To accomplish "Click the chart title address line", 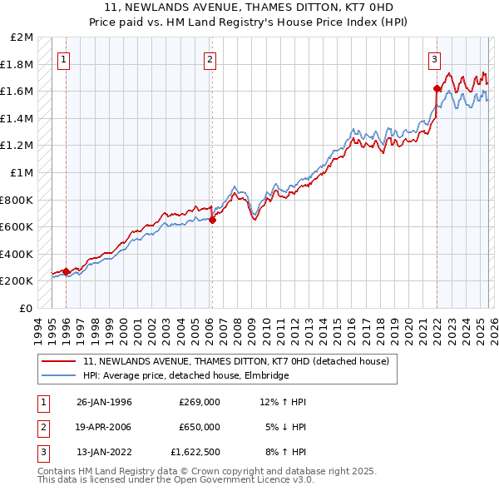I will pyautogui.click(x=249, y=7).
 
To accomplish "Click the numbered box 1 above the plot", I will pyautogui.click(x=64, y=59).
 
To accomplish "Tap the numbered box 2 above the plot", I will pyautogui.click(x=210, y=59).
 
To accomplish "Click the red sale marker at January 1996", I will pyautogui.click(x=67, y=270).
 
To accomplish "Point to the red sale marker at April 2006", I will pyautogui.click(x=212, y=220).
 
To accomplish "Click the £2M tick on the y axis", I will pyautogui.click(x=22, y=37).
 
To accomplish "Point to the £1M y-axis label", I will pyautogui.click(x=22, y=172).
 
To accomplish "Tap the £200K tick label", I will pyautogui.click(x=17, y=280).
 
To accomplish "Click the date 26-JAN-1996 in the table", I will pyautogui.click(x=104, y=402).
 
